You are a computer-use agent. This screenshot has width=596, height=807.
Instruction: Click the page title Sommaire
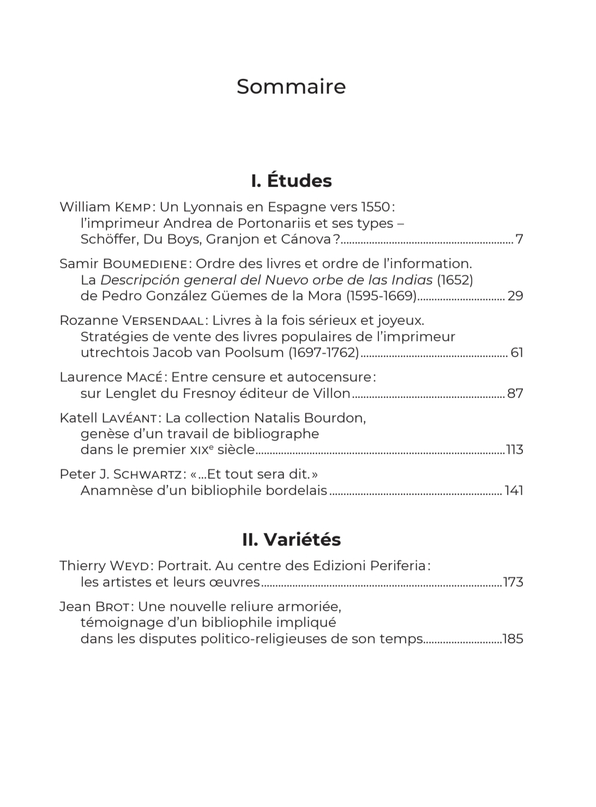291,87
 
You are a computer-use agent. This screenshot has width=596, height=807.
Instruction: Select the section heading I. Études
291,180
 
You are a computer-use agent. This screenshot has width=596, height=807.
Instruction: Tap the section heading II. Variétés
291,539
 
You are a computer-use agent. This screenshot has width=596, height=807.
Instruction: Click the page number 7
519,239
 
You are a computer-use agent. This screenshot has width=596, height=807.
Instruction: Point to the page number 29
515,296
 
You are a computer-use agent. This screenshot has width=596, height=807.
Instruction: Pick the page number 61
516,353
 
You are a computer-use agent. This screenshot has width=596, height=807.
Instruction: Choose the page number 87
515,393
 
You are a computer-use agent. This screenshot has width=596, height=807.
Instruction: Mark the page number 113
515,450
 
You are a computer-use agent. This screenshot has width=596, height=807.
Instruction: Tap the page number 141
514,490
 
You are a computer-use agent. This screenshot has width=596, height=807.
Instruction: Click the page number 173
513,582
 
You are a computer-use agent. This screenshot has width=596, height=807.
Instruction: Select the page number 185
513,639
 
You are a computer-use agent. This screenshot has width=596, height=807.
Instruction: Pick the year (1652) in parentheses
455,280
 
